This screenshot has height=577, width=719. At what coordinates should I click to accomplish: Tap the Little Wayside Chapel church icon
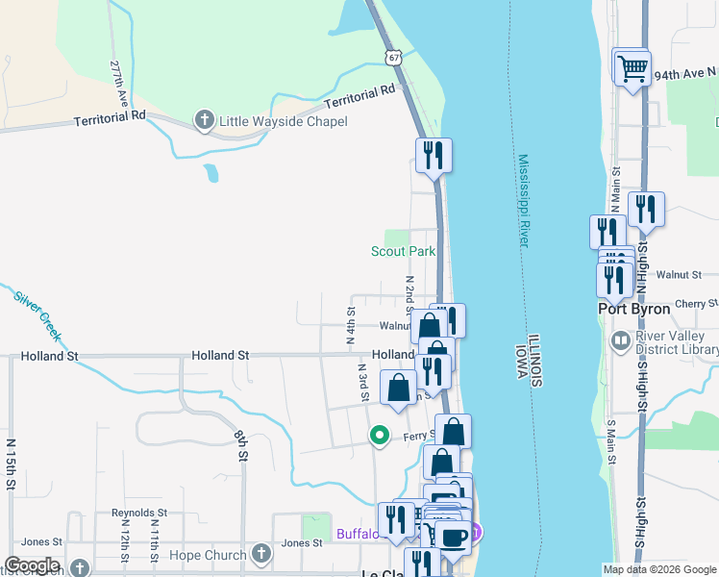pos(204,121)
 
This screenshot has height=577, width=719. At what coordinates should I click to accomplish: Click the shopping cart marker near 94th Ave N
pos(632,68)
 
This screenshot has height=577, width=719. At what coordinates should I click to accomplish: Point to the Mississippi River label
pos(524,201)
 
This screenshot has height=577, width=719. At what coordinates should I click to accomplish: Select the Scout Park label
pos(404,252)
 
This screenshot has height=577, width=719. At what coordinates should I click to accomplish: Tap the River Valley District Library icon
pos(621,340)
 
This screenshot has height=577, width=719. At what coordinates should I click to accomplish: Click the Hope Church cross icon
pos(260,555)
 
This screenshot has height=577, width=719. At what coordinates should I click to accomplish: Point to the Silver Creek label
pos(37,314)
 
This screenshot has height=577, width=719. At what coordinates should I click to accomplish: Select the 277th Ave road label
pos(119,86)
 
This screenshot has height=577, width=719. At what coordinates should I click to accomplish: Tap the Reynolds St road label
pos(139,514)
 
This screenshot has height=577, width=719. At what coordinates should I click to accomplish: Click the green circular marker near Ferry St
pos(380,436)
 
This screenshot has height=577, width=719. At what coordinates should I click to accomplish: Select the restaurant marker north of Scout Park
pos(434,154)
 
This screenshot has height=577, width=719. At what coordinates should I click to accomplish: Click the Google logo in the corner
pos(32,565)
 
